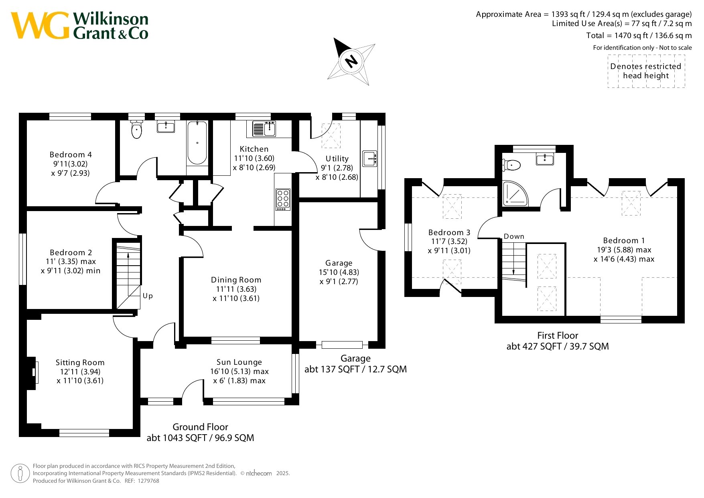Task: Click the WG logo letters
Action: [40, 25]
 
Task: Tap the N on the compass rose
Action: [351, 61]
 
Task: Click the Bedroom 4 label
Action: [71, 154]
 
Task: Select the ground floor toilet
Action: [137, 129]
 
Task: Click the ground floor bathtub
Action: [197, 143]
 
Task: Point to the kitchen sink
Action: [264, 129]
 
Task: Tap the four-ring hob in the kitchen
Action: [283, 199]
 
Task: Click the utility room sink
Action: [370, 158]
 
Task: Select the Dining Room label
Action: [236, 280]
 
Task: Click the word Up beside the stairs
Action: [148, 296]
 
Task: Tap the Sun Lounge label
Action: [239, 362]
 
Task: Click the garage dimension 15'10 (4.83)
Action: [339, 272]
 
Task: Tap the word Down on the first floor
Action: [514, 236]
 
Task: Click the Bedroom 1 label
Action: [624, 240]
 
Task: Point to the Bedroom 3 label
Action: [449, 232]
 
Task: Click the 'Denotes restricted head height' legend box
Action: [646, 71]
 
